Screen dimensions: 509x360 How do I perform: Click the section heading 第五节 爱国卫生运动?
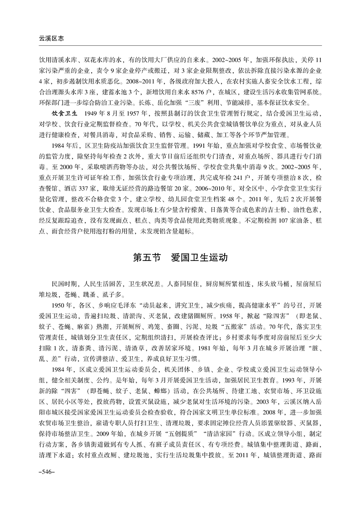pos(180,258)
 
